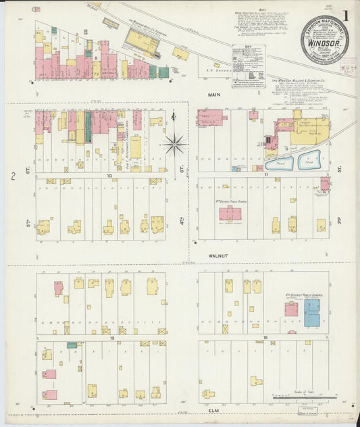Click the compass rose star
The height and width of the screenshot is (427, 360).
click(x=175, y=143)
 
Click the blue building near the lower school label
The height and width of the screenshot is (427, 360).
click(x=311, y=313)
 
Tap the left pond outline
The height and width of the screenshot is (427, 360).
click(x=280, y=162)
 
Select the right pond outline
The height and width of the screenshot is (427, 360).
click(x=309, y=161)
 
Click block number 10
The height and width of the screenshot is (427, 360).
click(x=108, y=175)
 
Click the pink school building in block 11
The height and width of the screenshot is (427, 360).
click(x=230, y=214)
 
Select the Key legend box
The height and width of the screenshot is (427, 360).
click(x=249, y=66)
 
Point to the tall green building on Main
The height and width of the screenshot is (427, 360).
click(x=88, y=126)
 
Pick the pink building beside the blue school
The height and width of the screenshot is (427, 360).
click(x=291, y=309)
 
